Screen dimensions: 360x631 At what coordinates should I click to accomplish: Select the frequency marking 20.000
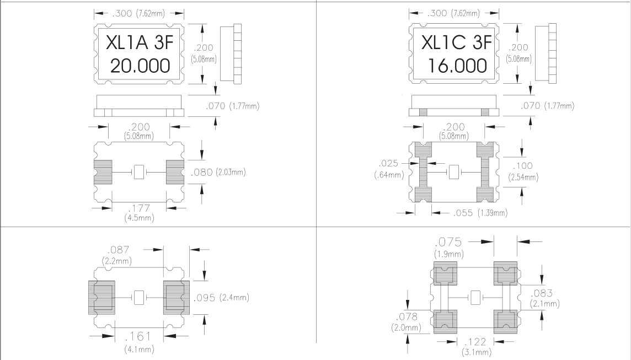click(140, 67)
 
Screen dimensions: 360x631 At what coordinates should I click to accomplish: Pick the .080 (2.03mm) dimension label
click(217, 173)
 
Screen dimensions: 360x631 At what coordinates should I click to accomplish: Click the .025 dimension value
click(386, 164)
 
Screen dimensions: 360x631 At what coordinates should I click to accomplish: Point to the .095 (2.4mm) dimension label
click(221, 298)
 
